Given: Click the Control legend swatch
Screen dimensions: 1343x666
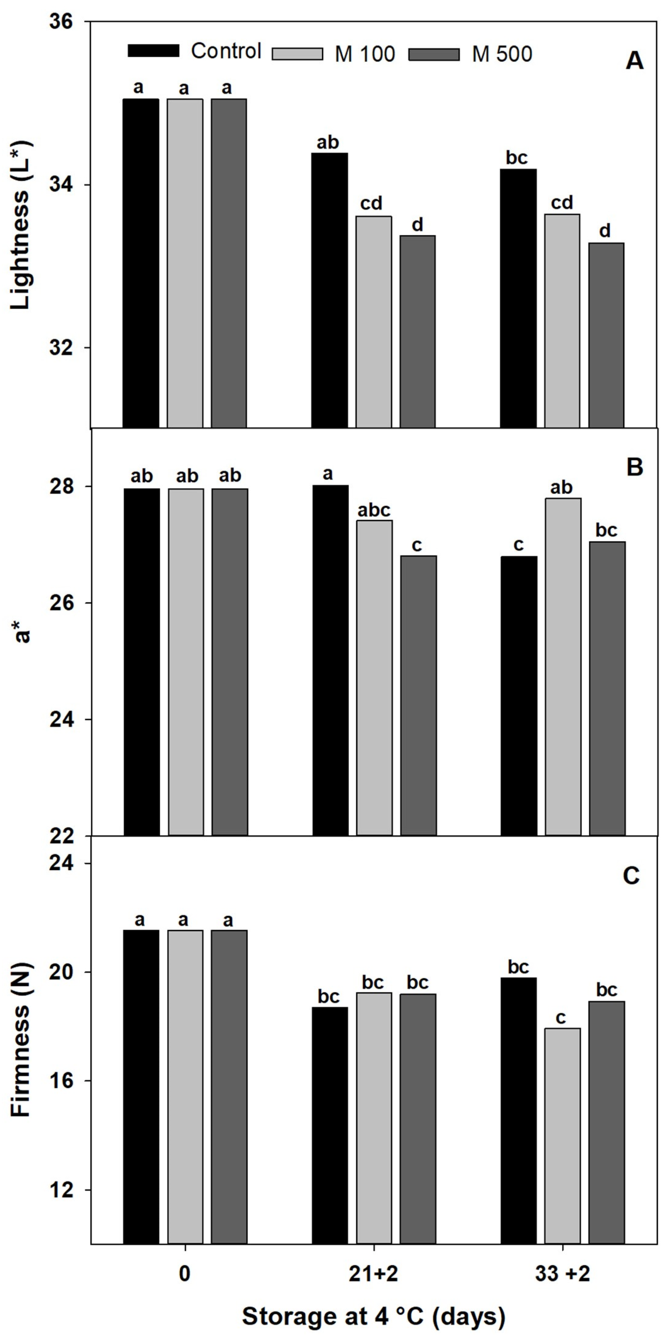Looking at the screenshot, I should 153,51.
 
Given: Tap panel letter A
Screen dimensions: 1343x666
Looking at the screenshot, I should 634,61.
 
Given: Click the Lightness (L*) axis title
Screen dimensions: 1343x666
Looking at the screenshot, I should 21,225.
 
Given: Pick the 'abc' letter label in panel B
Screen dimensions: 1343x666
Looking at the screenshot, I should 374,510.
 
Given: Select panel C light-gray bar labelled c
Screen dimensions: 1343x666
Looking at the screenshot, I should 562,1137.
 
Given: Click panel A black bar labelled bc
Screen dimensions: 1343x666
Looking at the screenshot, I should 518,297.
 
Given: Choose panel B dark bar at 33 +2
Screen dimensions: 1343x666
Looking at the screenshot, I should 607,688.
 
